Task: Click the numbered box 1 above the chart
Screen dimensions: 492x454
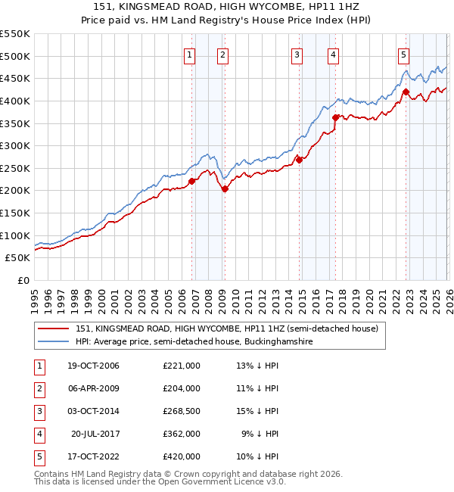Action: point(189,54)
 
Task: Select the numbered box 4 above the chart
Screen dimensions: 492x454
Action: point(333,54)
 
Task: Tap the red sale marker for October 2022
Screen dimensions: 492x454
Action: point(406,92)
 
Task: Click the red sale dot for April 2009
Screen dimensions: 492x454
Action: point(225,189)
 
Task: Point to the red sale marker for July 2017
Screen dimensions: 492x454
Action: point(335,117)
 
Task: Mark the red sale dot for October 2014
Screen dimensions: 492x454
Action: point(298,160)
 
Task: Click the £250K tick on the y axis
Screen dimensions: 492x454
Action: point(15,168)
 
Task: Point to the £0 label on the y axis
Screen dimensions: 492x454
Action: point(23,280)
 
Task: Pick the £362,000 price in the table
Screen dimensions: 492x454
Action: point(182,434)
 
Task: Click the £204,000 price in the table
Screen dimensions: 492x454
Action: point(182,388)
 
